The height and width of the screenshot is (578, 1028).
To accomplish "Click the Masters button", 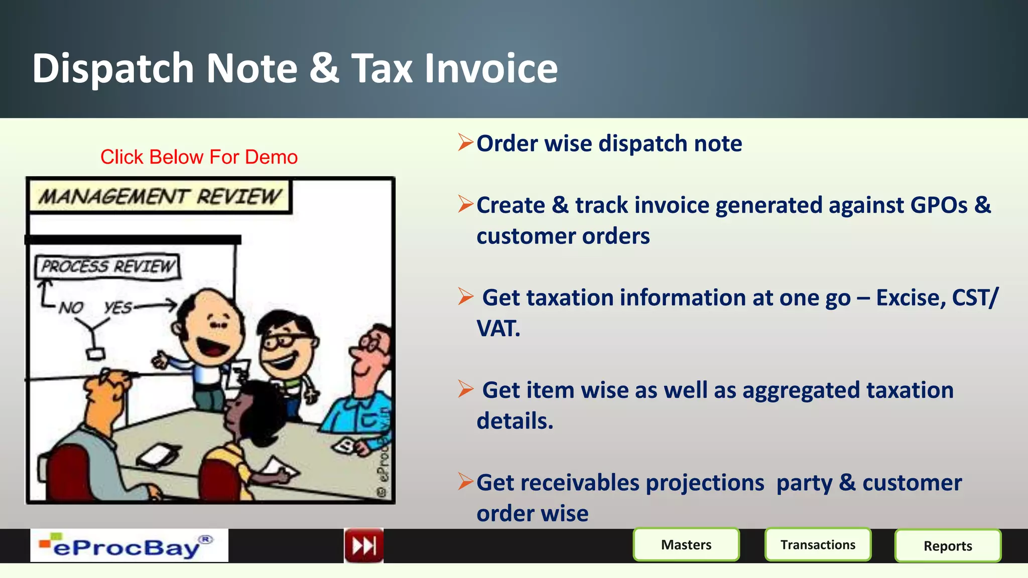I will pos(686,544).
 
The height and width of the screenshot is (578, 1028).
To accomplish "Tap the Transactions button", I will pos(818,544).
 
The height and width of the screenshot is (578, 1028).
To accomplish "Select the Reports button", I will pos(948,545).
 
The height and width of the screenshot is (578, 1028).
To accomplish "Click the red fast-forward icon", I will pos(364,545).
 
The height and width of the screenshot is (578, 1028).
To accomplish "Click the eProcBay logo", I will pos(129,546).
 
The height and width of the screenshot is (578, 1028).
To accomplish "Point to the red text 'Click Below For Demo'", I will pos(199,157).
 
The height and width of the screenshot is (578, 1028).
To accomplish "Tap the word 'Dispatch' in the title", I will pos(113,68).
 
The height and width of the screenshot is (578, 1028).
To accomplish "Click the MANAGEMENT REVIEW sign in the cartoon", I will pos(160,197).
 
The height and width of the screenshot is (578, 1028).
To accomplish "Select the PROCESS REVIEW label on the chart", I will pos(107,266).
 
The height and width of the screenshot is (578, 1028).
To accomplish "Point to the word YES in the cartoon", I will pos(118,307).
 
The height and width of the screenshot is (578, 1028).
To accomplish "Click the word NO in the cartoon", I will pos(71,307).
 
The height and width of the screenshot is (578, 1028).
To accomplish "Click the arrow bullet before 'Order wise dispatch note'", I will pos(465,143).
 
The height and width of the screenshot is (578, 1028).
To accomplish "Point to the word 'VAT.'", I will pos(498,329).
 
